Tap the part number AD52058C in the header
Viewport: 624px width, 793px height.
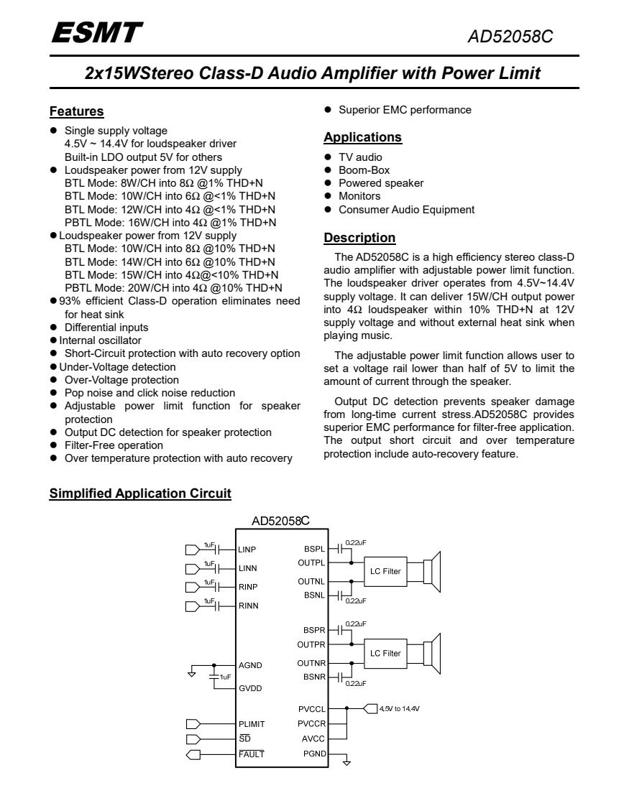click(521, 34)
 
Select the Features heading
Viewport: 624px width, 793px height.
click(76, 111)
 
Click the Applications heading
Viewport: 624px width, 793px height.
click(362, 136)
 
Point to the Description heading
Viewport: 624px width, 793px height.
click(359, 237)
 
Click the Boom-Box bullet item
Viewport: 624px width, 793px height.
click(363, 170)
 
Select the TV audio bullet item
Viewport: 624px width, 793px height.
click(360, 157)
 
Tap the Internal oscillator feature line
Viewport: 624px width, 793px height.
click(96, 339)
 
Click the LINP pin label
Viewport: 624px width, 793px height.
click(247, 549)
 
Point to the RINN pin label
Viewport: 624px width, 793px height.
click(248, 606)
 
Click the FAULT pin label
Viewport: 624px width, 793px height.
click(251, 753)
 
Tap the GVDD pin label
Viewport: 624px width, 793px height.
click(249, 687)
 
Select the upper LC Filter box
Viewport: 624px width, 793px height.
click(385, 572)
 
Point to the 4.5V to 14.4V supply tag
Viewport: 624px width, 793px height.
click(393, 708)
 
